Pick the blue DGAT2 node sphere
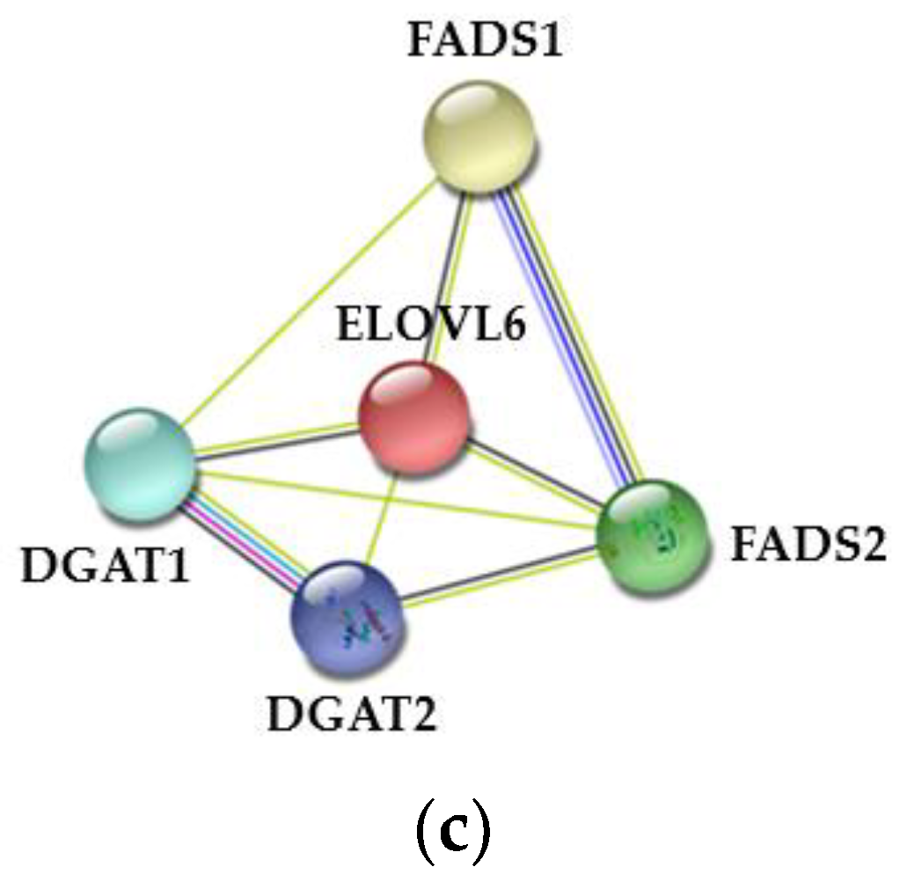pos(349,620)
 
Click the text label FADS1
pos(484,41)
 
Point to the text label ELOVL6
pos(430,325)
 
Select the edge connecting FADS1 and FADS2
pos(563,334)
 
